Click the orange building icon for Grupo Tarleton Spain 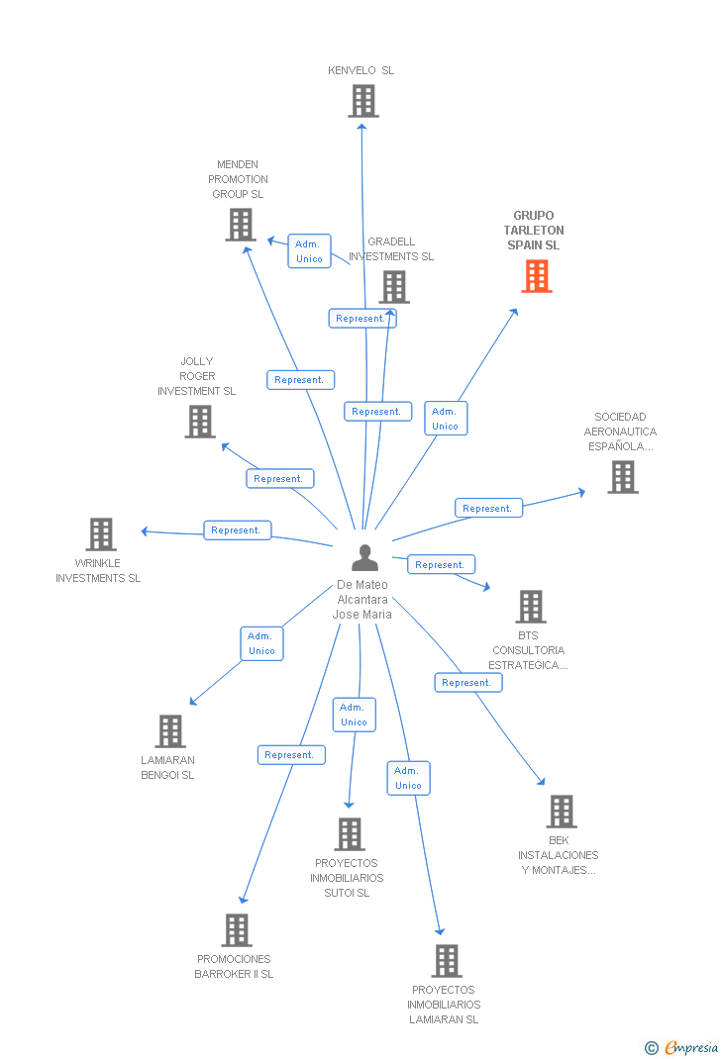(x=536, y=276)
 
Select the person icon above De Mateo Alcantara (x=364, y=558)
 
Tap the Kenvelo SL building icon (x=362, y=101)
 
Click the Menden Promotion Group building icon (x=240, y=225)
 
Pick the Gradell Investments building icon (x=393, y=287)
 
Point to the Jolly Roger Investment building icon (x=199, y=422)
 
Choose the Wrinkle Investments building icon (x=100, y=534)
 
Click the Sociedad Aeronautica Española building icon (x=622, y=477)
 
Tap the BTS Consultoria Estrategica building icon (x=530, y=607)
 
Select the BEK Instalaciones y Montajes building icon (x=561, y=812)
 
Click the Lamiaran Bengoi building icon (x=170, y=731)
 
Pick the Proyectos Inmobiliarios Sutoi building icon (x=349, y=834)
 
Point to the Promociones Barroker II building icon (x=236, y=930)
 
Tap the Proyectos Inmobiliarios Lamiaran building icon (x=446, y=961)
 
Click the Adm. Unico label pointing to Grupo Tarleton (x=445, y=419)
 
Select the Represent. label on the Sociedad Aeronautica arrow (x=488, y=509)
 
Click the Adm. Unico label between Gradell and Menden (x=309, y=251)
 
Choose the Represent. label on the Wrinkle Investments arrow (x=237, y=530)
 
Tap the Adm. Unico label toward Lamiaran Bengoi (x=261, y=643)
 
